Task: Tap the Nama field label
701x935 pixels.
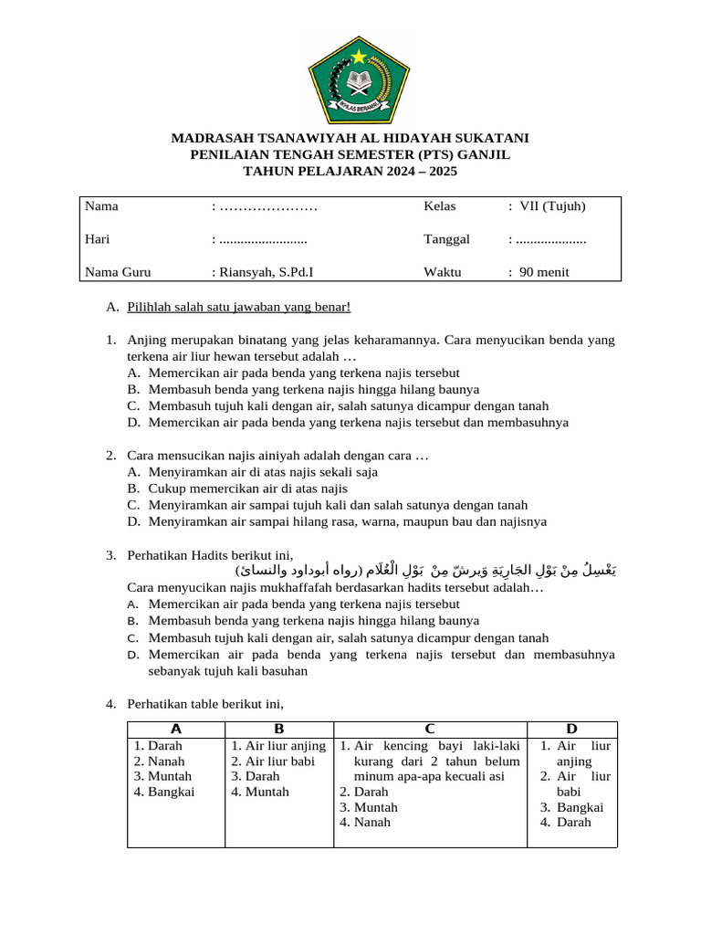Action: [101, 206]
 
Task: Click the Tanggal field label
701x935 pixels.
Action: [446, 239]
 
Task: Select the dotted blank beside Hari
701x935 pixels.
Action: [262, 240]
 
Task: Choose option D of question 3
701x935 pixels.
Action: [381, 655]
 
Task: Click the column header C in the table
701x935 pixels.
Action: [429, 729]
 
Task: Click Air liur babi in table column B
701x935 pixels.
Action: [272, 761]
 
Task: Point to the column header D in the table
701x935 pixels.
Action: [571, 729]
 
